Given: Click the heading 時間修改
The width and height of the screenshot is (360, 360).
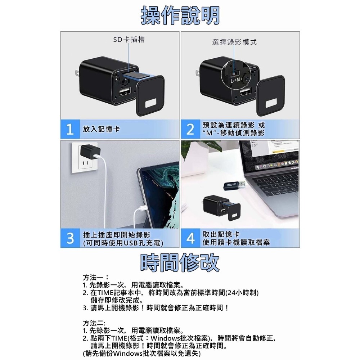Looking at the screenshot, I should click(180, 262).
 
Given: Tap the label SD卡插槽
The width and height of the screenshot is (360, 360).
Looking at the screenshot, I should click(129, 40).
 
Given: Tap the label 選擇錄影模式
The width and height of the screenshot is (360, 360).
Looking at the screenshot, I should click(234, 42).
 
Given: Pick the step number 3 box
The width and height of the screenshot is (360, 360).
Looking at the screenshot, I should click(70, 238).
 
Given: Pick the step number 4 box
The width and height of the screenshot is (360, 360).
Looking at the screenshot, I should click(190, 238).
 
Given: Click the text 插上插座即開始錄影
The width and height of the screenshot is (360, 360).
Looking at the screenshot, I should click(116, 235).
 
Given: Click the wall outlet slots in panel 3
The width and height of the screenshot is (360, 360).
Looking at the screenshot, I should click(86, 165).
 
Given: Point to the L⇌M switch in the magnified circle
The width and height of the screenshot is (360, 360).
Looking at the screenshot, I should click(236, 78).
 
